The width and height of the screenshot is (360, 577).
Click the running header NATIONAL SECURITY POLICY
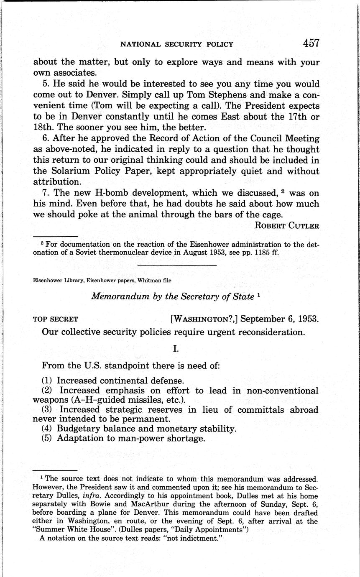pyautogui.click(x=176, y=44)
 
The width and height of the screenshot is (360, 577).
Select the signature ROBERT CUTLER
pyautogui.click(x=287, y=226)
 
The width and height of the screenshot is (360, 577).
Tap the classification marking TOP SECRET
pyautogui.click(x=55, y=319)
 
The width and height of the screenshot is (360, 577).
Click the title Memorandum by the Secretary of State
pyautogui.click(x=172, y=296)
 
